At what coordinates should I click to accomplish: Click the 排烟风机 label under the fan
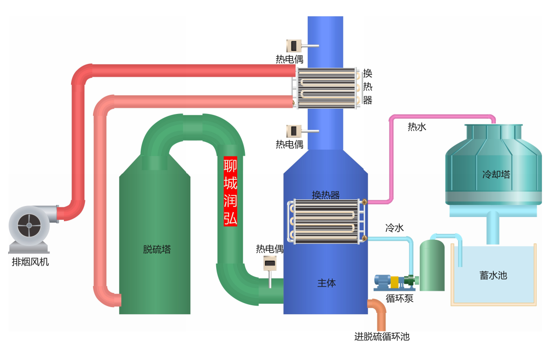tap(30, 262)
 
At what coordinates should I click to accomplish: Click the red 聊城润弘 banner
tap(230, 192)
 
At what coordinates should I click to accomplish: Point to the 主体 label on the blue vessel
tap(326, 283)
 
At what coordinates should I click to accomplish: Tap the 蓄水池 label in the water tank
tap(493, 275)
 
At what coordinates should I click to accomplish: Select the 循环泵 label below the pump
tap(399, 299)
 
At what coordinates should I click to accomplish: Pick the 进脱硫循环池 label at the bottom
tap(382, 337)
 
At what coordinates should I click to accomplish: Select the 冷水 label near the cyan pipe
tap(395, 228)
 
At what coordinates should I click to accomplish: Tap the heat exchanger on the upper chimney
tap(326, 88)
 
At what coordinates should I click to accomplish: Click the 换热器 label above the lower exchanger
tap(325, 195)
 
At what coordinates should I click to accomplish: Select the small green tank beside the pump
tap(432, 266)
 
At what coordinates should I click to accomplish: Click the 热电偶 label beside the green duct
tap(270, 249)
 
